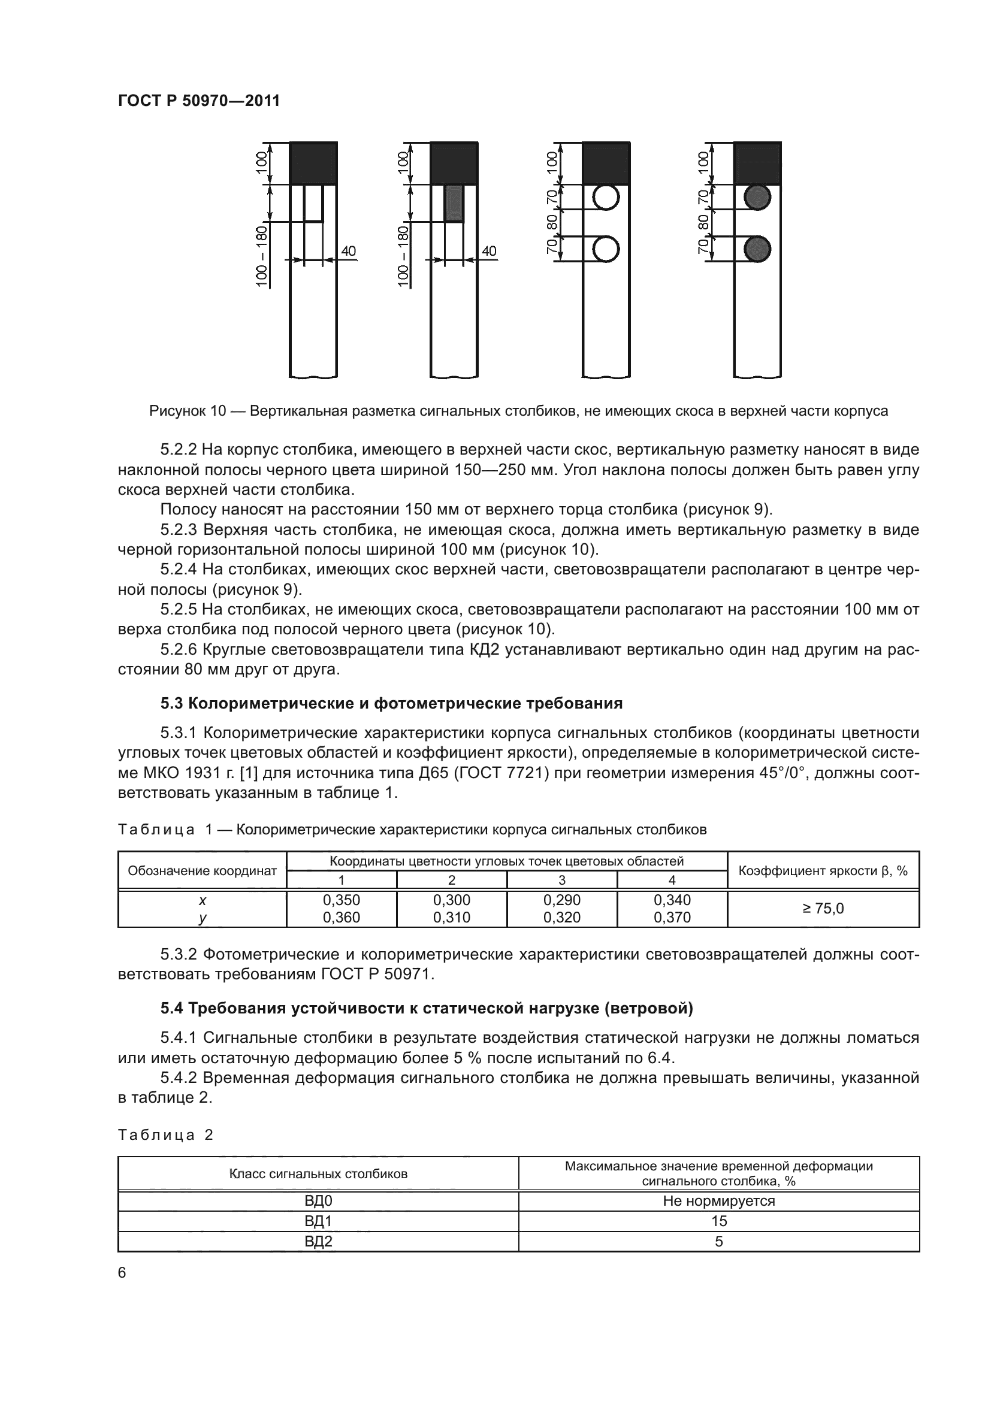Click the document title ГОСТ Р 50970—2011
pyautogui.click(x=199, y=101)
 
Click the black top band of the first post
pyautogui.click(x=313, y=163)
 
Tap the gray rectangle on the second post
pyautogui.click(x=454, y=203)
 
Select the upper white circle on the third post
pyautogui.click(x=606, y=197)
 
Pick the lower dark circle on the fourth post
pyautogui.click(x=757, y=250)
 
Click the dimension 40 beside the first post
pyautogui.click(x=348, y=251)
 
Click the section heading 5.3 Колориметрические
pyautogui.click(x=391, y=704)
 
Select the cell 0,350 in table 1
pyautogui.click(x=341, y=900)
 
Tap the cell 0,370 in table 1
pyautogui.click(x=672, y=918)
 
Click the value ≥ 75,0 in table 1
pyautogui.click(x=823, y=909)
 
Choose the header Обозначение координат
pyautogui.click(x=202, y=871)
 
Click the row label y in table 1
pyautogui.click(x=202, y=918)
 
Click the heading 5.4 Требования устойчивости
pyautogui.click(x=427, y=1009)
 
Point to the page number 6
pyautogui.click(x=122, y=1273)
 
